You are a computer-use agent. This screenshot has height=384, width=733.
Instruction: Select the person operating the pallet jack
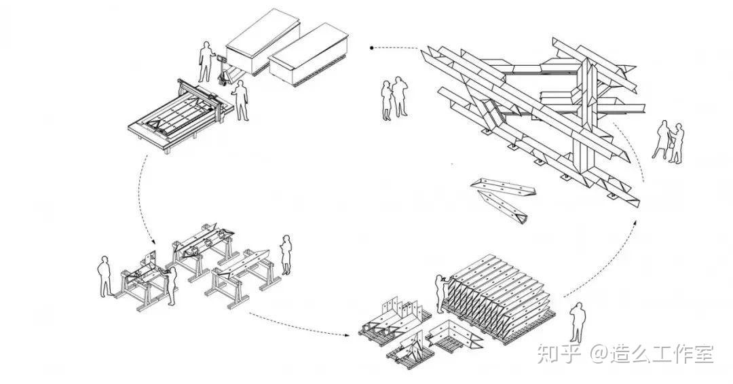pos(204,62)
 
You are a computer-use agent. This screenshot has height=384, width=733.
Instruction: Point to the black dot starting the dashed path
pos(371,47)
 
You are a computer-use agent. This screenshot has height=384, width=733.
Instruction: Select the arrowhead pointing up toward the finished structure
pos(636,220)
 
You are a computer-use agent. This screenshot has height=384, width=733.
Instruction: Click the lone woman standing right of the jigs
pos(286,254)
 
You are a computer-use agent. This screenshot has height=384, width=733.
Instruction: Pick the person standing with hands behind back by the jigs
pos(105,275)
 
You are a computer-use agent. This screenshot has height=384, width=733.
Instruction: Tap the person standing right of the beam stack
pos(576,322)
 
